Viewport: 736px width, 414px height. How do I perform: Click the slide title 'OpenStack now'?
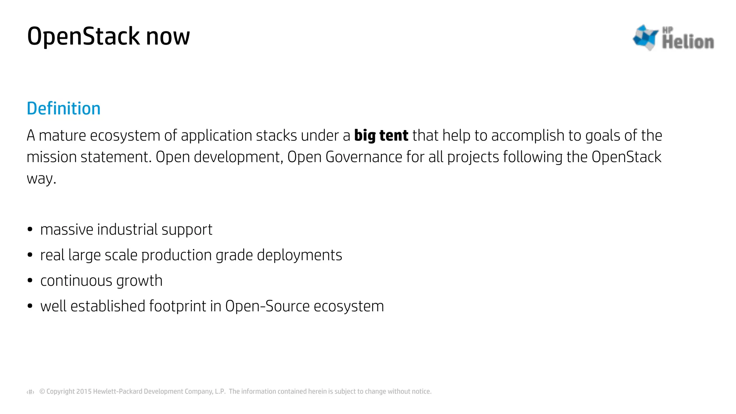pyautogui.click(x=108, y=36)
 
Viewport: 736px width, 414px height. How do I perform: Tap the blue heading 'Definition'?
pyautogui.click(x=64, y=109)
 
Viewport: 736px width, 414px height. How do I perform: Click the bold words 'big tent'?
pyautogui.click(x=381, y=135)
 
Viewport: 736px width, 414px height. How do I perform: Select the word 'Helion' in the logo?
pyautogui.click(x=688, y=42)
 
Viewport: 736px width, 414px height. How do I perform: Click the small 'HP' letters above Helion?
pyautogui.click(x=667, y=30)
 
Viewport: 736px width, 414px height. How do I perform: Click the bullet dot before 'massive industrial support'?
pyautogui.click(x=30, y=229)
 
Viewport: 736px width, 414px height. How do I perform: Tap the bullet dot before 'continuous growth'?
pyautogui.click(x=30, y=280)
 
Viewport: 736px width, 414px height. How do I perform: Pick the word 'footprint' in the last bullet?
pyautogui.click(x=178, y=306)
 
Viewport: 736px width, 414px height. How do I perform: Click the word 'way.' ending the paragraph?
pyautogui.click(x=41, y=179)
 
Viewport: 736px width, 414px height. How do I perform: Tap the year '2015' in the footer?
pyautogui.click(x=84, y=391)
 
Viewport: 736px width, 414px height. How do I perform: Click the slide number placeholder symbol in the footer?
pyautogui.click(x=31, y=392)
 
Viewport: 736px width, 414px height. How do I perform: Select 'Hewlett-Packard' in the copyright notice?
pyautogui.click(x=118, y=391)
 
